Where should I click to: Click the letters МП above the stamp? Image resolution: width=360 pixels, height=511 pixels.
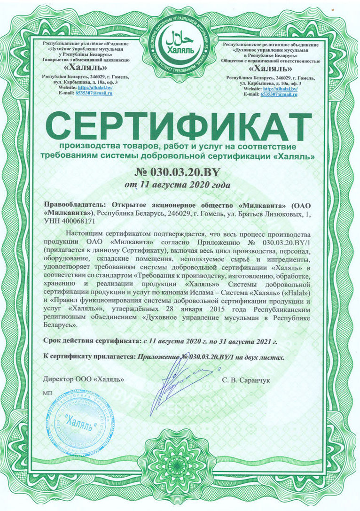[x=48, y=392]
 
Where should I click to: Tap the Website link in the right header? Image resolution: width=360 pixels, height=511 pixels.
[x=280, y=89]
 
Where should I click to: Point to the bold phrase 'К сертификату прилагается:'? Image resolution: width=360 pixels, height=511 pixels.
[x=89, y=357]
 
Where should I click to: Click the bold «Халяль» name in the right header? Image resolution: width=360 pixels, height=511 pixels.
[x=271, y=68]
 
